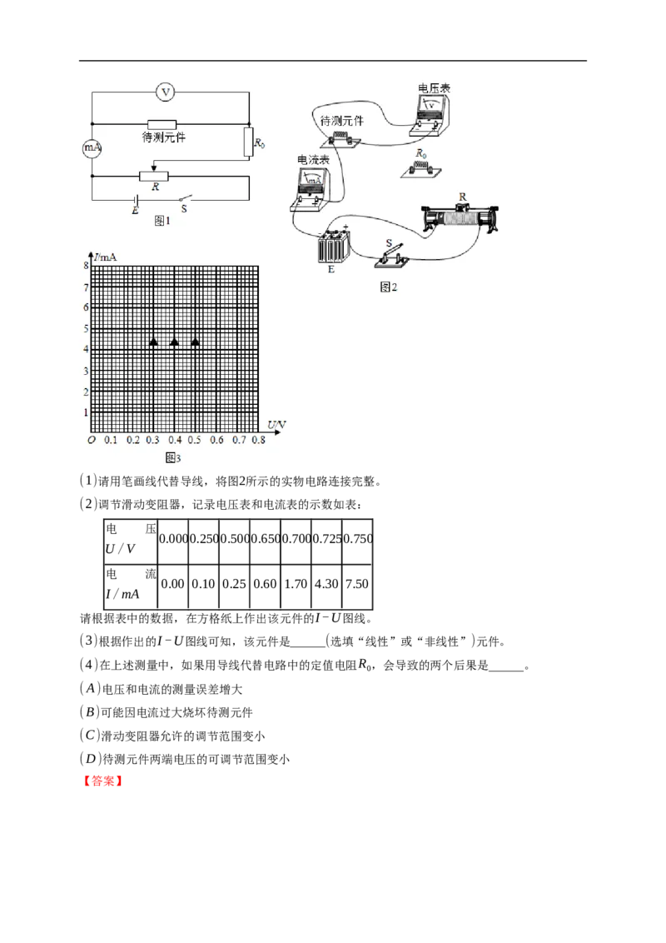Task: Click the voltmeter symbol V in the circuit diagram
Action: (166, 92)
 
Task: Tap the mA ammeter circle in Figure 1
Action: (92, 148)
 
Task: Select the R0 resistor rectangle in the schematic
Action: (248, 142)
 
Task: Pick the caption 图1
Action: (162, 221)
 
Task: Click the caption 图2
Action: (389, 287)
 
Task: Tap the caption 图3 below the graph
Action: (173, 457)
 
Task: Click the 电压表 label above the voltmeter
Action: (434, 87)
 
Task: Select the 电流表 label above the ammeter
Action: (312, 158)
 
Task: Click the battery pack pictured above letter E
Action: (336, 247)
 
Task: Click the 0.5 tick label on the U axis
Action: (195, 440)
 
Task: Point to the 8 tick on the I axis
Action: (85, 266)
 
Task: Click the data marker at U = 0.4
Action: (174, 342)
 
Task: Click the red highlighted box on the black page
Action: (103, 781)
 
